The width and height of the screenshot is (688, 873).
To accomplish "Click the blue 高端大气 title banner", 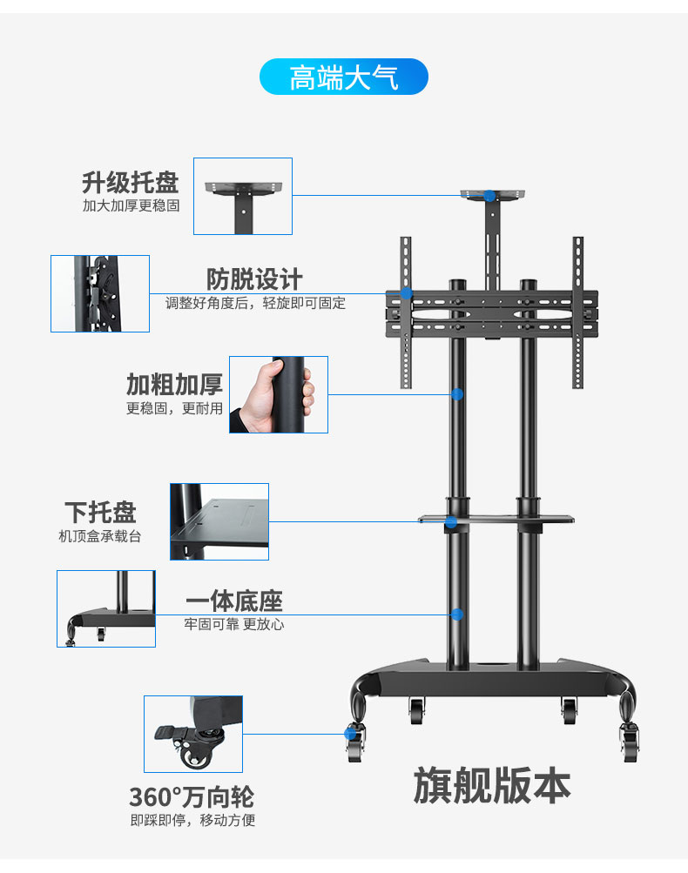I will [344, 77].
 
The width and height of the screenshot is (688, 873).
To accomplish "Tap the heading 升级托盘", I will [131, 183].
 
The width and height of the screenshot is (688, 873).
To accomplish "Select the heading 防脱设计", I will [254, 279].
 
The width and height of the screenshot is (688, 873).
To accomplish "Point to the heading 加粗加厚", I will [174, 384].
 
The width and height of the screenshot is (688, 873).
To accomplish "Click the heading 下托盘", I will [100, 512].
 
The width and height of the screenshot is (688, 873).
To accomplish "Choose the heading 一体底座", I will [234, 601].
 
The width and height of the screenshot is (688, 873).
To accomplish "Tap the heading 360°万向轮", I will [192, 796].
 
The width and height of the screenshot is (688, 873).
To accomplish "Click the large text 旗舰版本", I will [491, 786].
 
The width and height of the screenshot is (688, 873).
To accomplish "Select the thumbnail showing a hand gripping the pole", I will [279, 394].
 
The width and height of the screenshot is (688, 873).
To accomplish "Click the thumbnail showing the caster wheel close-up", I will [193, 734].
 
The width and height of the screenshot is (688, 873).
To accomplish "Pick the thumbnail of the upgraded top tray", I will [243, 196].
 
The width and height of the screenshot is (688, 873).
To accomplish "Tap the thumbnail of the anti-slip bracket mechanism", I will [100, 293].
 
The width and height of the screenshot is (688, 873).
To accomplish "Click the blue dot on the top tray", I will [490, 197].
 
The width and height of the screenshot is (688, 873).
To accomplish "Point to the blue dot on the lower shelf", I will [451, 522].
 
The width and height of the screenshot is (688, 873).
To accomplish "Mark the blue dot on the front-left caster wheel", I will [350, 734].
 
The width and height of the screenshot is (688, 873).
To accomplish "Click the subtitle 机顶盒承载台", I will [99, 536].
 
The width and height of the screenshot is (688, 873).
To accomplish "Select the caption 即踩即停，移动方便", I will [192, 820].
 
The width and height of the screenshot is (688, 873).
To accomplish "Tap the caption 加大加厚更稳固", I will [131, 206].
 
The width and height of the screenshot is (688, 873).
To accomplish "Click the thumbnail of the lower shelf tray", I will [219, 521].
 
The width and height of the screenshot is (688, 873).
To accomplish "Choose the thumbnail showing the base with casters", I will [106, 608].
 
